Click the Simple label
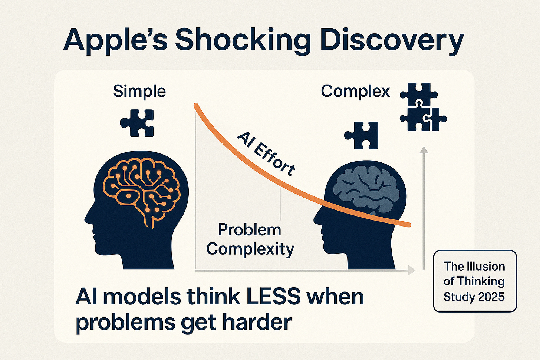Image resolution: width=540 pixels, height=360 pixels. pyautogui.click(x=139, y=91)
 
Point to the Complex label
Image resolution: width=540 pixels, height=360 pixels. pyautogui.click(x=355, y=91)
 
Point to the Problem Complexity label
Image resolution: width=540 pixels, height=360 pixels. pyautogui.click(x=250, y=239)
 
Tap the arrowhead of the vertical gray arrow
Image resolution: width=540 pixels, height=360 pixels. pyautogui.click(x=424, y=150)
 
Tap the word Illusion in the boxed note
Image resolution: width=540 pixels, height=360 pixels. pyautogui.click(x=486, y=266)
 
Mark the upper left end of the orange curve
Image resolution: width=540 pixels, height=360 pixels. pyautogui.click(x=196, y=106)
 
